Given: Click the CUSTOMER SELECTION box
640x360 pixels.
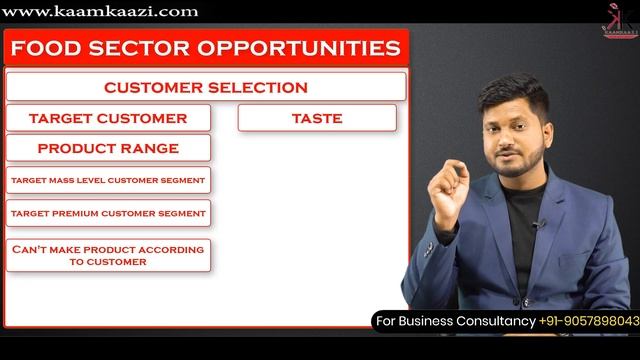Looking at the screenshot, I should (x=206, y=87).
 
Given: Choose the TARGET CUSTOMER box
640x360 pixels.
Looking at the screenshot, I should (x=108, y=118).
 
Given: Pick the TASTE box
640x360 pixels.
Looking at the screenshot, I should (x=317, y=118).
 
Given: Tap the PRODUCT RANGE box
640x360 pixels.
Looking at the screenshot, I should (x=108, y=148).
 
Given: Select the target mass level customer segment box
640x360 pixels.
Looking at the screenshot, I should (x=108, y=181).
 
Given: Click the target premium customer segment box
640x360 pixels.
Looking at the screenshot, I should (x=108, y=214).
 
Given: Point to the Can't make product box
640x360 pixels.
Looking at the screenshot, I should (x=108, y=255).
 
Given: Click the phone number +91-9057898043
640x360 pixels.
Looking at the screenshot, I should (x=589, y=321).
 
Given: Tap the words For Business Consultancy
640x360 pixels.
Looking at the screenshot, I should (x=455, y=321).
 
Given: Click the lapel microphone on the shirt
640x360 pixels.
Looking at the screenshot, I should (x=537, y=226).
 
